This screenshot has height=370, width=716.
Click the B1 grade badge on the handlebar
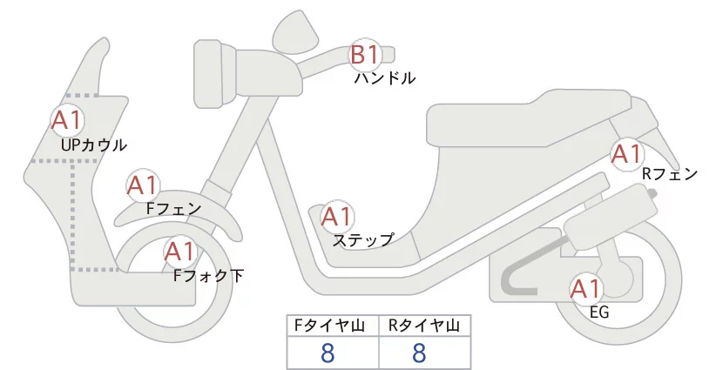click(366, 57)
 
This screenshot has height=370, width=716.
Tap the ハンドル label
click(384, 78)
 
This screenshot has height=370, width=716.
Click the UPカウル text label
click(94, 145)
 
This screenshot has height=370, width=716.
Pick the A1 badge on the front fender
click(142, 185)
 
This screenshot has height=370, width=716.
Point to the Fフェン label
click(173, 209)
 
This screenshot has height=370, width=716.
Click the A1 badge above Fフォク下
click(179, 252)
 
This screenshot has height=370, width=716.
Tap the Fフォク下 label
click(208, 276)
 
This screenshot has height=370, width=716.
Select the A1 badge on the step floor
click(336, 216)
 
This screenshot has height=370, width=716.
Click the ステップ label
click(363, 239)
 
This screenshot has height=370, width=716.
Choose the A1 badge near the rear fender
click(625, 154)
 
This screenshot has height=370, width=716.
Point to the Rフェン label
click(669, 174)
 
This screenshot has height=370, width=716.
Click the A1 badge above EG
click(585, 287)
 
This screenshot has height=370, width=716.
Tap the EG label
click(599, 310)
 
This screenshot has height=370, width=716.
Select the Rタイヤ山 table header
click(424, 326)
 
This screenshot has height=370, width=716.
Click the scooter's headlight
click(210, 74)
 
